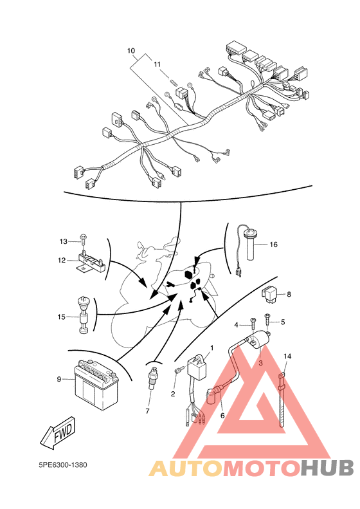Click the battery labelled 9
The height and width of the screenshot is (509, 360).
coord(96,385)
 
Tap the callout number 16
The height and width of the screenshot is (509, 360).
coord(273,245)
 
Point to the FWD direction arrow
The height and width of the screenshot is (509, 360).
coord(58,432)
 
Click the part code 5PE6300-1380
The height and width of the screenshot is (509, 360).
coord(62,465)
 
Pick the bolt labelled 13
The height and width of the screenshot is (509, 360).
coord(84,241)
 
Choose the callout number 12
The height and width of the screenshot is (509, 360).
coord(62,261)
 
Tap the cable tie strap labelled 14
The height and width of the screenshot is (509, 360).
coord(282,400)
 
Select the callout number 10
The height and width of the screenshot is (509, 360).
coord(131,51)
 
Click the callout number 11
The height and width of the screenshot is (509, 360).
coord(157,64)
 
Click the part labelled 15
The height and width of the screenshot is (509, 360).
coord(84,315)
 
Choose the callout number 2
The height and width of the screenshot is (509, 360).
coord(173,394)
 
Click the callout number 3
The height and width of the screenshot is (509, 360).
coord(260,363)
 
